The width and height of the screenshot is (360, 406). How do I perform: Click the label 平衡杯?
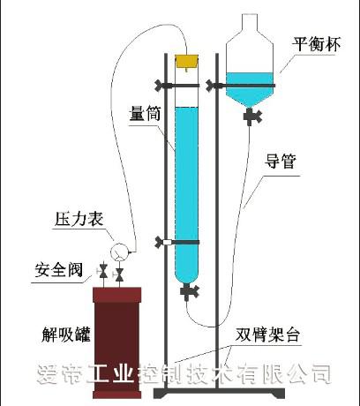coord(316,44)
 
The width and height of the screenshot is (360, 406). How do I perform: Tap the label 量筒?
coord(146,112)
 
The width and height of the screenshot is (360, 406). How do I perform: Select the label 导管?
coord(280,161)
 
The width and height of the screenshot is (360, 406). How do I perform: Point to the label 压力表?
coord(79,219)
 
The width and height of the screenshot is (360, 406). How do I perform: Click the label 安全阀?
coord(59,269)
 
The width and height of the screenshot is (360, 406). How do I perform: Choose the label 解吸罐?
coord(66,335)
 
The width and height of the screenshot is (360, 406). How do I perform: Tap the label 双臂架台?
coord(267,335)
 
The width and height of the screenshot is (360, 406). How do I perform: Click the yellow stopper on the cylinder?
coord(187,62)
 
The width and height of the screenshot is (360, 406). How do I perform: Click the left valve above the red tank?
coord(103,272)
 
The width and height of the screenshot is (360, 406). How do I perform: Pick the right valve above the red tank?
coord(119,274)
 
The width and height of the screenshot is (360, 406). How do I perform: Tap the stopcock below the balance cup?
coord(252,117)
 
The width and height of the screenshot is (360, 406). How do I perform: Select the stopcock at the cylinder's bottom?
coord(189,292)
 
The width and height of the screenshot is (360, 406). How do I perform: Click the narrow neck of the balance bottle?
coord(250,22)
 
